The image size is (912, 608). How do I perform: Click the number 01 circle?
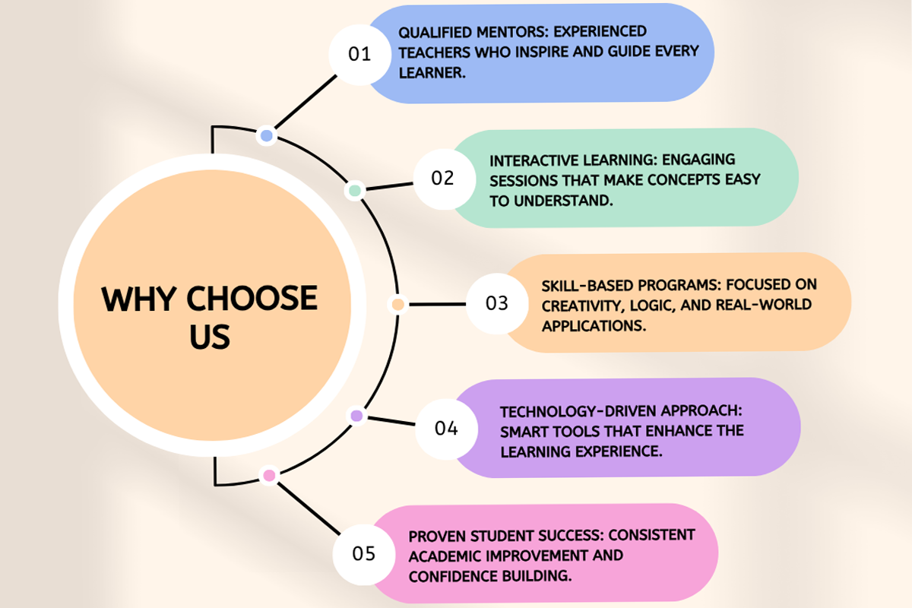[x=359, y=54]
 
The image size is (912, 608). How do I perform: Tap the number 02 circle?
[x=442, y=178]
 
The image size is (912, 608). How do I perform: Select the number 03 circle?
[x=496, y=303]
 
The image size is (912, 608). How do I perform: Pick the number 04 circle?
[x=446, y=428]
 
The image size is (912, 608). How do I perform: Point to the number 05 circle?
[x=364, y=553]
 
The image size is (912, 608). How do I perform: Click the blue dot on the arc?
[x=266, y=136]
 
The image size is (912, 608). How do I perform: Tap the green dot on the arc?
[x=354, y=190]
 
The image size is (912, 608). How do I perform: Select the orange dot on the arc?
[x=397, y=304]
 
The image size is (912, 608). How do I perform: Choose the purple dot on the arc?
[x=356, y=416]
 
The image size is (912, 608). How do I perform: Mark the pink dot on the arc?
[x=268, y=476]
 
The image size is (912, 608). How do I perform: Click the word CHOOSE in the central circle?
[x=252, y=299]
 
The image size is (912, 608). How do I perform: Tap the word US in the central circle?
[x=210, y=337]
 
